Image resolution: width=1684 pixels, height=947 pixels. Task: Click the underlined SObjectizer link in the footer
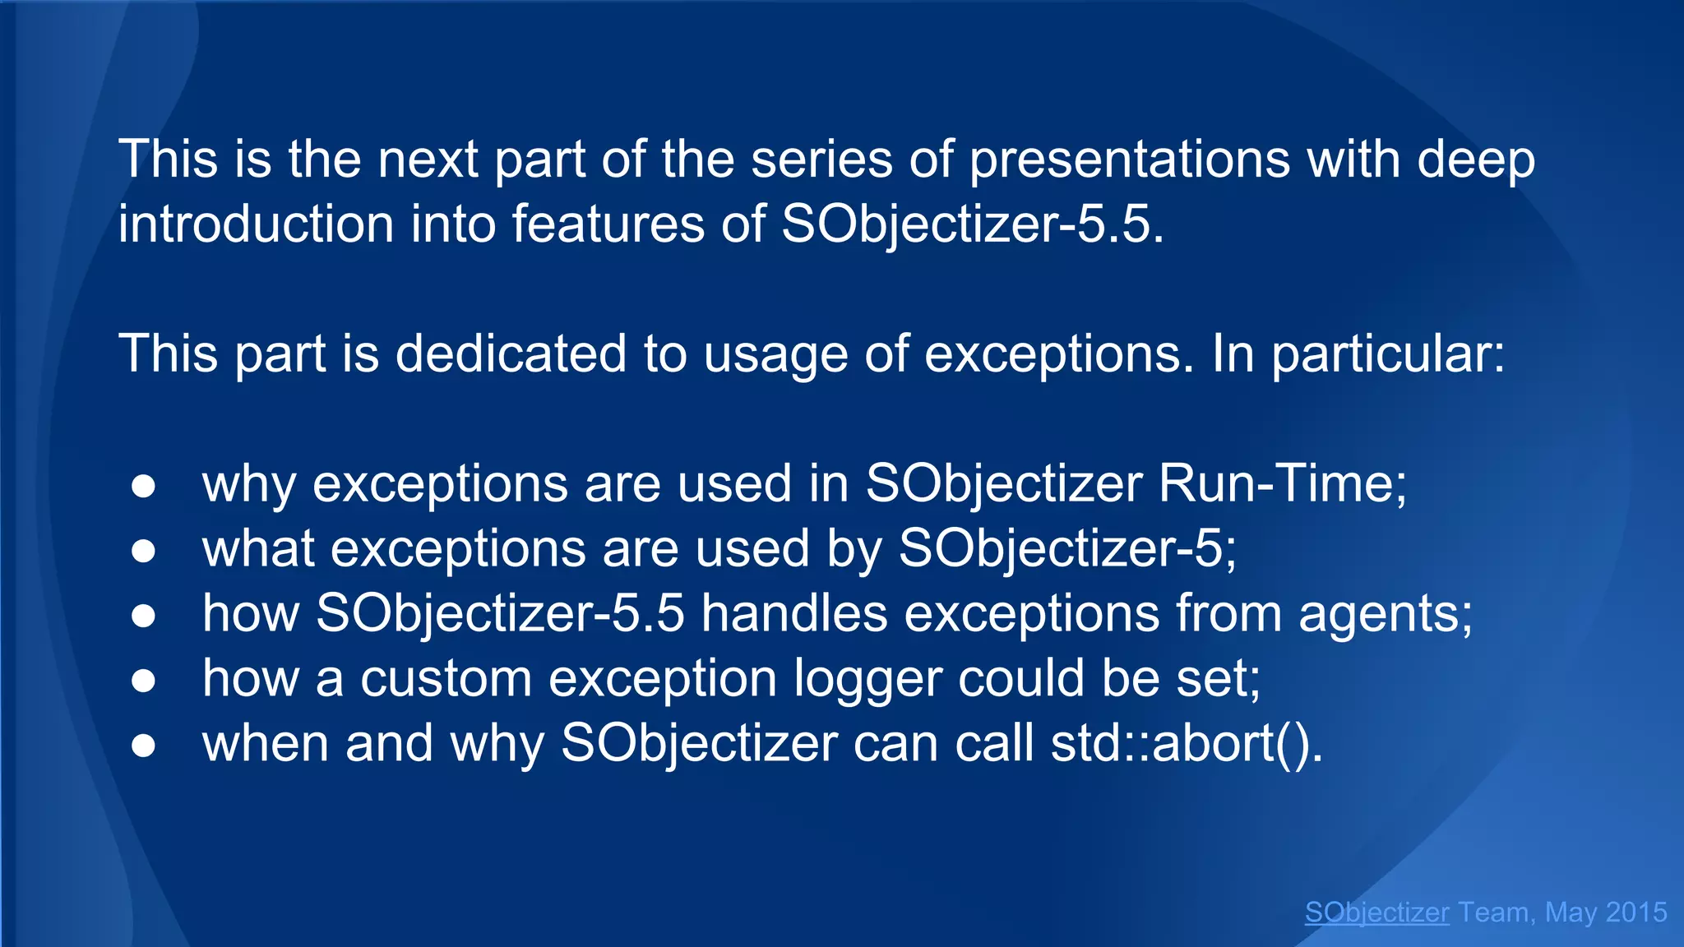[x=1376, y=912]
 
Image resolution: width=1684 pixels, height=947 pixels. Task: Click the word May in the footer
[x=1569, y=912]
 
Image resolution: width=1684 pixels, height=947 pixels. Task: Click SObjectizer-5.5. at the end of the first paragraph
[x=972, y=224]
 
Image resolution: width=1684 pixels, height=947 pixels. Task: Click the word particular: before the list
[x=1388, y=353]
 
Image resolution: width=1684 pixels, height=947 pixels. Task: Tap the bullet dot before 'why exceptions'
[x=143, y=486]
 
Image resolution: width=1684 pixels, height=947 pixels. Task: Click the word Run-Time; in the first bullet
[x=1282, y=483]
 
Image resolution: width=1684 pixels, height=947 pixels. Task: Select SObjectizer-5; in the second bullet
[x=1066, y=548]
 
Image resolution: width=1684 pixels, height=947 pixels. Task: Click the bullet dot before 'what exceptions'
[x=143, y=551]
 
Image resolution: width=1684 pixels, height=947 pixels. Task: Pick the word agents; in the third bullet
[x=1386, y=614]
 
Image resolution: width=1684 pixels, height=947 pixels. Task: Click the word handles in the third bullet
[x=794, y=613]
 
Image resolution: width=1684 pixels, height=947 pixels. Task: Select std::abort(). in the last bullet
[x=1187, y=743]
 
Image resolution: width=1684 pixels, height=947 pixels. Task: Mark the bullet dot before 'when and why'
[x=143, y=746]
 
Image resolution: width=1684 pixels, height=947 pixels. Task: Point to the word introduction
[x=256, y=224]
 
